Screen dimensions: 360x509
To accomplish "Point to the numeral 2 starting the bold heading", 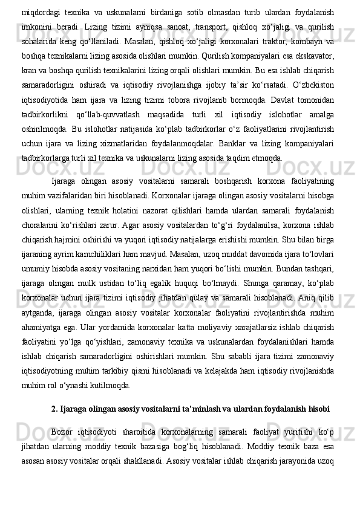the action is coord(54,411).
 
